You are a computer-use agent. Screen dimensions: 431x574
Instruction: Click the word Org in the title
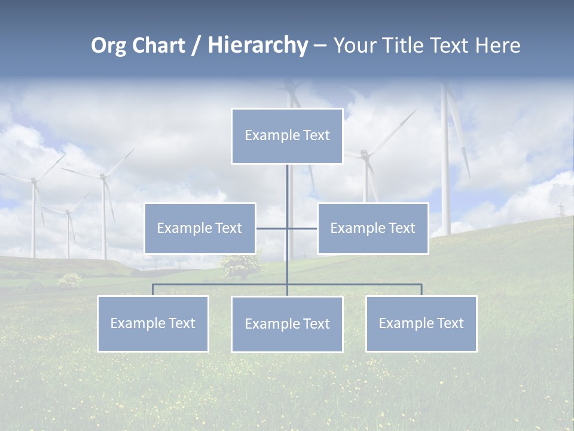pyautogui.click(x=109, y=45)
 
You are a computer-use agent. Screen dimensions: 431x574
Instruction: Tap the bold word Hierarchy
pyautogui.click(x=258, y=45)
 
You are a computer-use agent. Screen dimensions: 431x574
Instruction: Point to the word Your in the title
pyautogui.click(x=355, y=45)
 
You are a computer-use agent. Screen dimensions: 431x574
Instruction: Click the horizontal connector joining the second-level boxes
pyautogui.click(x=302, y=228)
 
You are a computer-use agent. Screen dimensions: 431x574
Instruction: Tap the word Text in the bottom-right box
pyautogui.click(x=450, y=323)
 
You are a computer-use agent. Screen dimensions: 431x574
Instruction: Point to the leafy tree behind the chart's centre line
pyautogui.click(x=241, y=265)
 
